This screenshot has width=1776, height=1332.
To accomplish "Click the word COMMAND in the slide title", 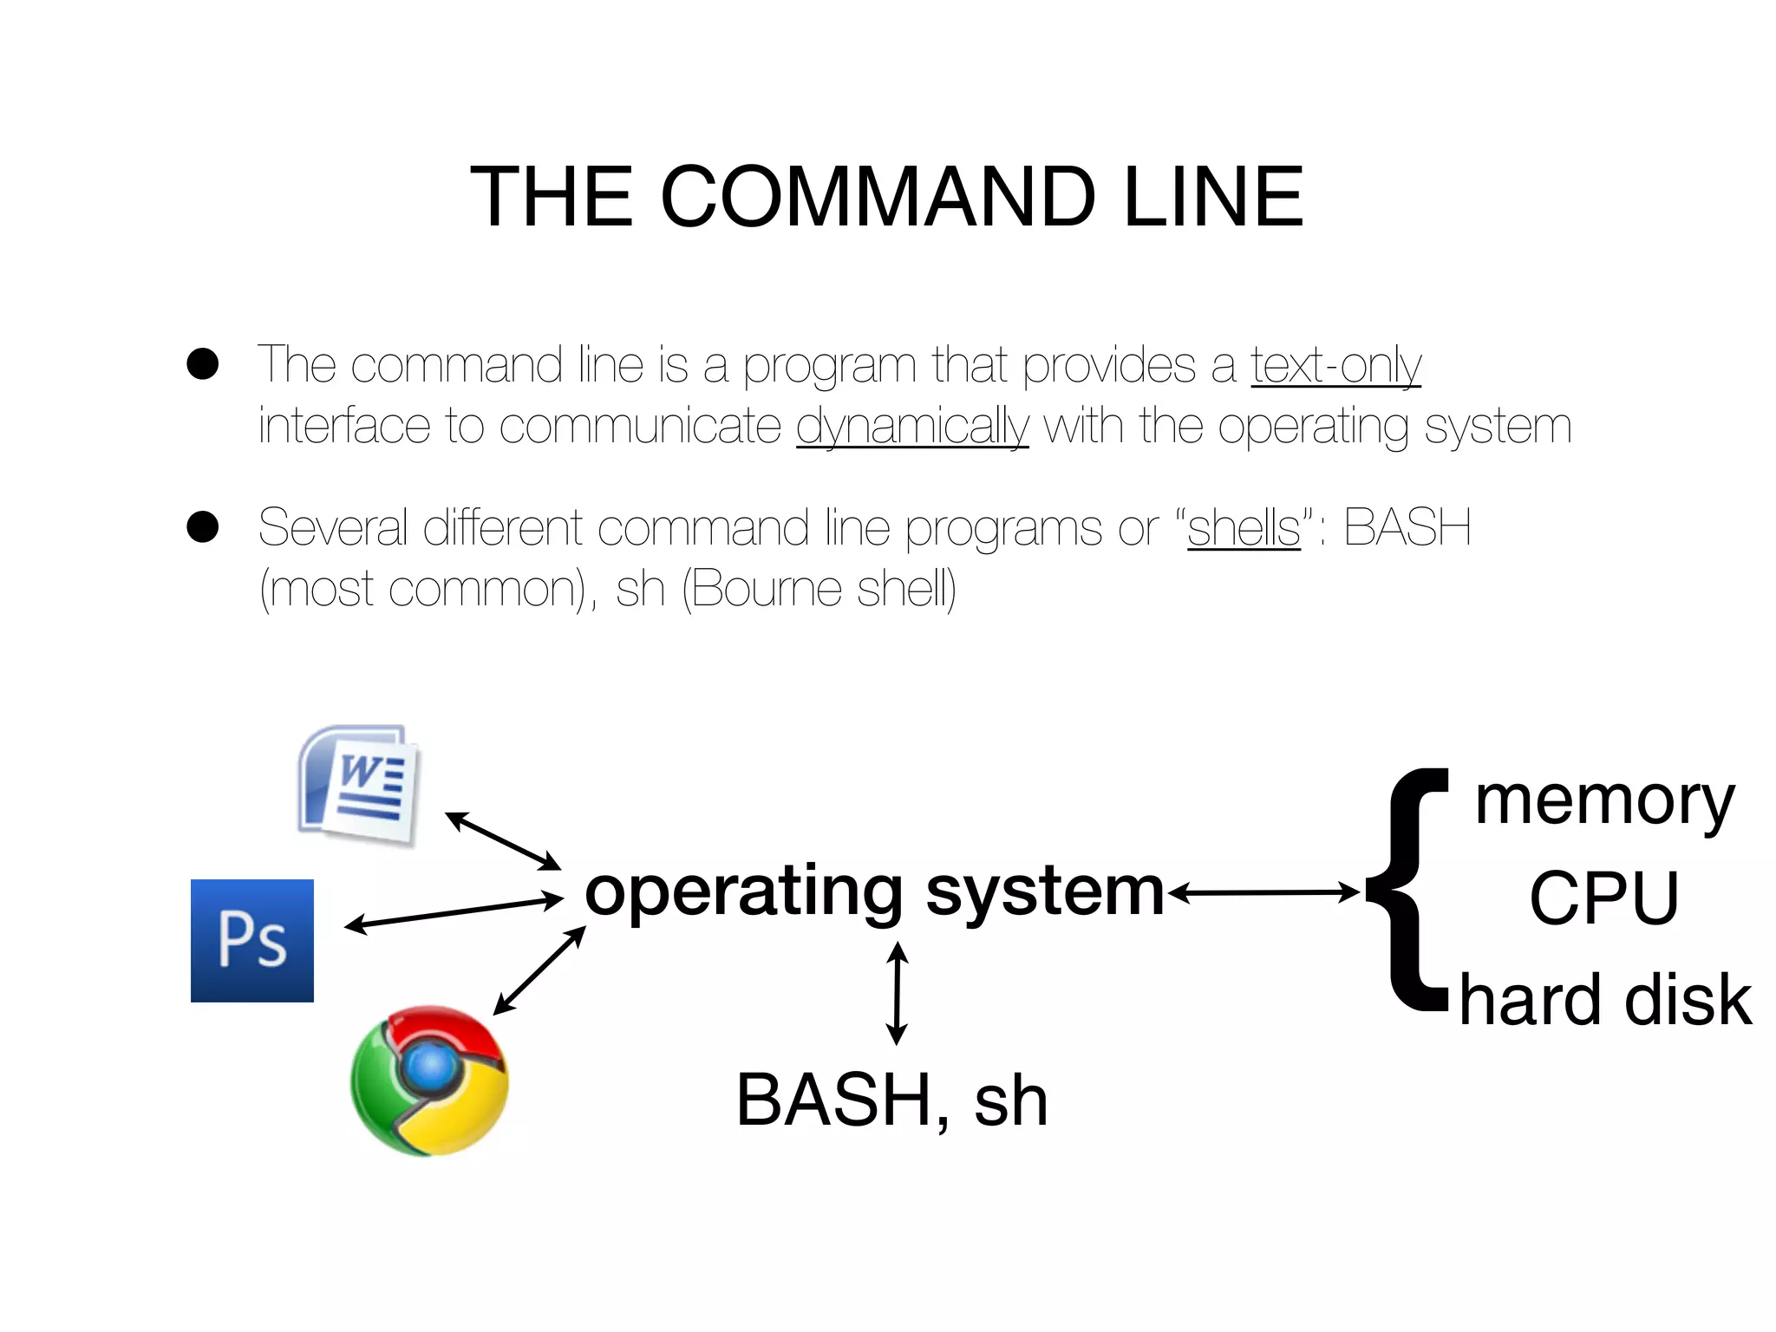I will point(878,198).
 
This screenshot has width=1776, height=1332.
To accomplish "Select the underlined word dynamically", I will point(912,427).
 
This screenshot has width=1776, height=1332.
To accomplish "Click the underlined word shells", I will point(1244,527).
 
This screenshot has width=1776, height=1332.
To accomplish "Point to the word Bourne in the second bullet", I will point(767,590).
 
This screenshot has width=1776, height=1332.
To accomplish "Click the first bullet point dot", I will point(203,364).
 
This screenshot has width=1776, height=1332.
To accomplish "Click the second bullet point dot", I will point(203,526).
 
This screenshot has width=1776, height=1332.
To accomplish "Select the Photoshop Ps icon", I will point(252,941).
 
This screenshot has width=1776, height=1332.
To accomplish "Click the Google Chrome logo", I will point(429,1081).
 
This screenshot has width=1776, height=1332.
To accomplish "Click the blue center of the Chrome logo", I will point(432,1065).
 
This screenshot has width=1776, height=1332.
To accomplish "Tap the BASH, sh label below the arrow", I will point(891,1100).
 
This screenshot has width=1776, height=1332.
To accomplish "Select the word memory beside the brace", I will point(1604,802).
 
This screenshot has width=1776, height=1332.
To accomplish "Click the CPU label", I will point(1604,898).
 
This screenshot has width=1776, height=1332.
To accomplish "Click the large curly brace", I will point(1409,891).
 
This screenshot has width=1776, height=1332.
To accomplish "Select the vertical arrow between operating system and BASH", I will point(898,994).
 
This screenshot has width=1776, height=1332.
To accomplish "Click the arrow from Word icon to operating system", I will point(503,840).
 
